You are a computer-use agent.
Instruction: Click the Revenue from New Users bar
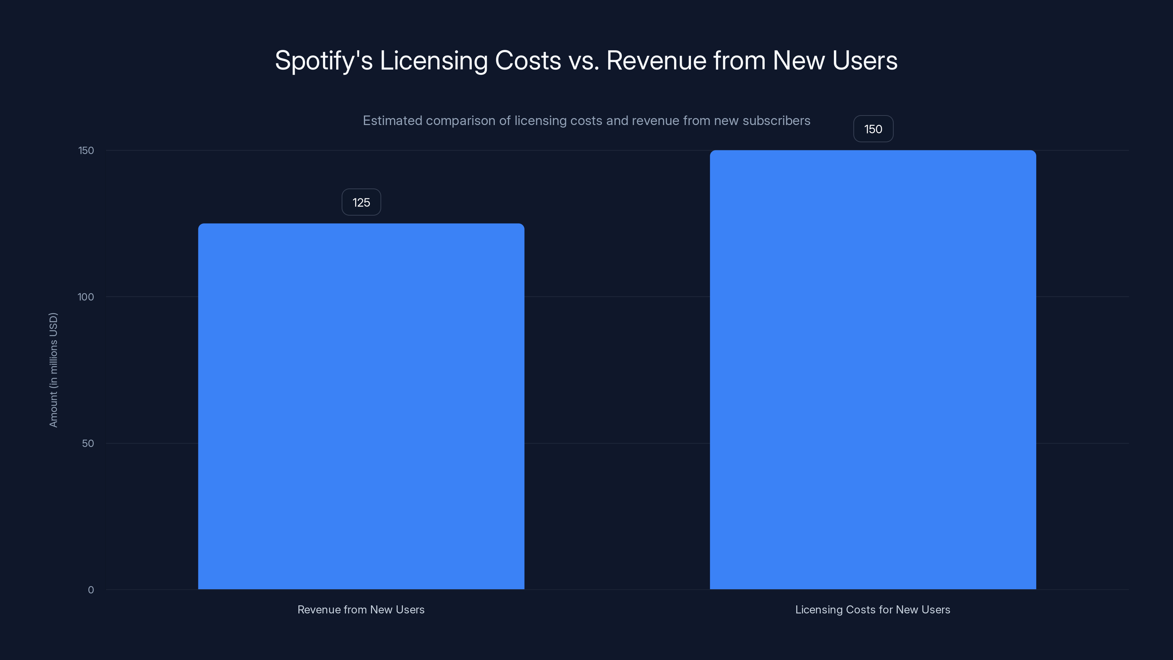tap(361, 406)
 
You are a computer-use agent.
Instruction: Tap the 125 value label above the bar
tap(361, 202)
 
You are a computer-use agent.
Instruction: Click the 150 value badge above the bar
tap(873, 129)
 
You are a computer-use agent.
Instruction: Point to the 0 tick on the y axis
tap(91, 590)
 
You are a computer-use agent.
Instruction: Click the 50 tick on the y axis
tap(88, 443)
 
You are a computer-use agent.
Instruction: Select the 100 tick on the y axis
tap(86, 297)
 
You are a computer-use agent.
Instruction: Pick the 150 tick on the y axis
tap(86, 150)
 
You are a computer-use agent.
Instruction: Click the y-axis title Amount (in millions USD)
tap(53, 370)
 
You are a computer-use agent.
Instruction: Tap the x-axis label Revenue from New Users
tap(361, 609)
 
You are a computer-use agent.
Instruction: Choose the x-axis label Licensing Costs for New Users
tap(872, 609)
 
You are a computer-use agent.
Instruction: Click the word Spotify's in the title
tap(324, 60)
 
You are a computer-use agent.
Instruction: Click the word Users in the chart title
tap(865, 60)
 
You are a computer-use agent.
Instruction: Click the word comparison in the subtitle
tap(460, 121)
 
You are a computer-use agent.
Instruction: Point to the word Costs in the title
tap(528, 60)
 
